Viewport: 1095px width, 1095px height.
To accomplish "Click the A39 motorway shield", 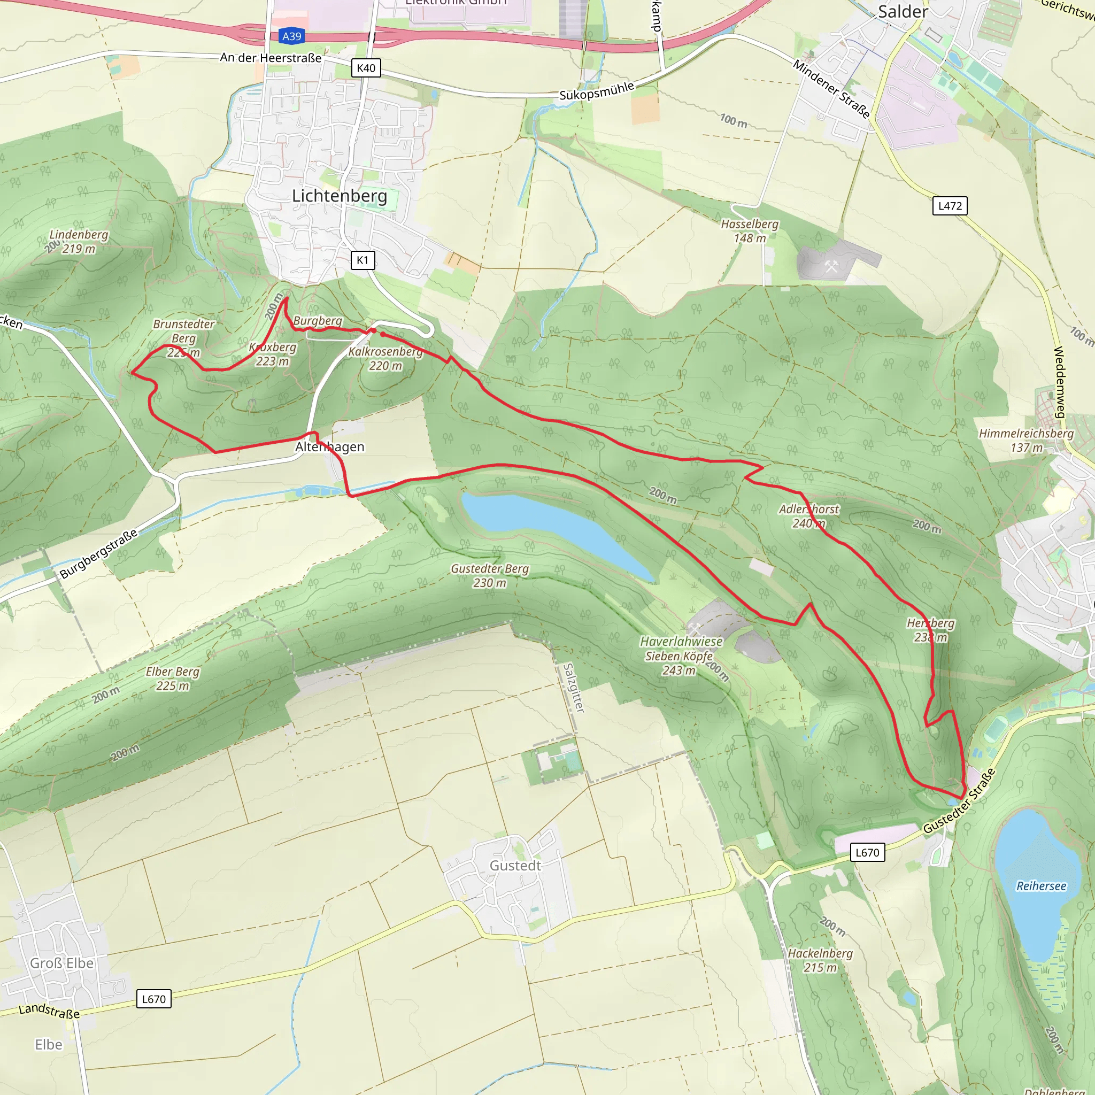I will point(292,36).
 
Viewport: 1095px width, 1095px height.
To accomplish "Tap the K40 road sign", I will point(366,68).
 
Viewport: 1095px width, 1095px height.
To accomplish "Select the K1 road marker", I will point(362,260).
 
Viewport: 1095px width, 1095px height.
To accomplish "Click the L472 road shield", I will point(950,206).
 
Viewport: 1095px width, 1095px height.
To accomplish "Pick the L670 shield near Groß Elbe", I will point(153,999).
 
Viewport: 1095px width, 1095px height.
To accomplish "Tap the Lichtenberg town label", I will point(340,196).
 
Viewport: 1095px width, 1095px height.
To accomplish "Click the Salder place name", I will point(903,11).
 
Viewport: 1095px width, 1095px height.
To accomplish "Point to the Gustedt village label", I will point(515,866).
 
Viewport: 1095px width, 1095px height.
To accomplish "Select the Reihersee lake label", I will point(1040,886).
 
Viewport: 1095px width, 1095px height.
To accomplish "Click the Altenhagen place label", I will point(330,446).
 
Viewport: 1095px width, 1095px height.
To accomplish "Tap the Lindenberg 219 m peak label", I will point(79,241).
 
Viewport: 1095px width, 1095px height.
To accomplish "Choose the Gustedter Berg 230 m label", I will point(490,575).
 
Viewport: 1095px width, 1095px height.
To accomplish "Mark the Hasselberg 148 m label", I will point(749,230).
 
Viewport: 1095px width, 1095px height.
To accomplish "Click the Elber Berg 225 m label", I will point(172,678).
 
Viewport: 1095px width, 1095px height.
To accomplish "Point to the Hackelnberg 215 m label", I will point(820,960).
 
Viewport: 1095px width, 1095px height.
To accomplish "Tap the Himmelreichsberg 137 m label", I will point(1026,441).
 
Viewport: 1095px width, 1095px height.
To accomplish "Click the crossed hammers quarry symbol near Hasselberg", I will point(831,266).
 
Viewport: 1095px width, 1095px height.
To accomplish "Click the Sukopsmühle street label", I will point(596,91).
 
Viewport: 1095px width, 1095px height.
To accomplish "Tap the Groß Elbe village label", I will point(62,963).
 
